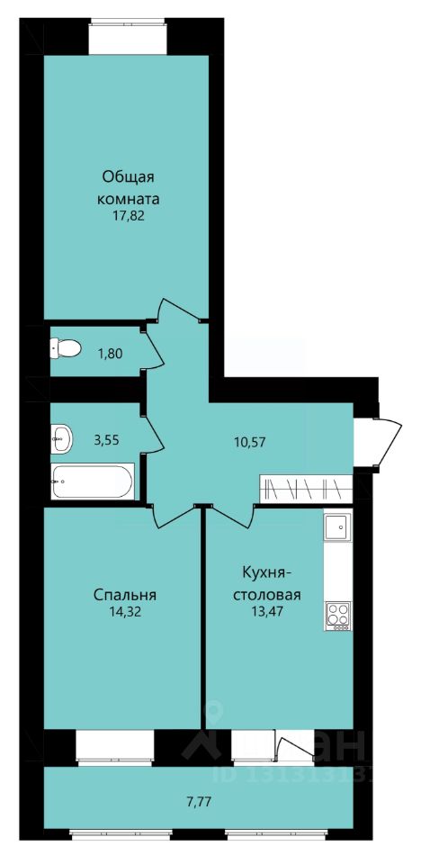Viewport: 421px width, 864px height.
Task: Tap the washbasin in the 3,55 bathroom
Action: coord(62,438)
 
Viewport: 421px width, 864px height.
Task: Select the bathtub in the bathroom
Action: coord(93,481)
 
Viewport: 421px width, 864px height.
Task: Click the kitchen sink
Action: coord(337,527)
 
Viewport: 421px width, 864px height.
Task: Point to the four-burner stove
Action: coord(338,616)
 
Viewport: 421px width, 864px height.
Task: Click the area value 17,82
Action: coord(128,215)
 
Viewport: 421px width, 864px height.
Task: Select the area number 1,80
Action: coord(111,353)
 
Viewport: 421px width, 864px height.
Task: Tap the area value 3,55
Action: coord(107,440)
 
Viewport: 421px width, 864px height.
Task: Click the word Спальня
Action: coord(125,595)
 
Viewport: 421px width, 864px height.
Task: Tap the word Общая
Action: coord(128,178)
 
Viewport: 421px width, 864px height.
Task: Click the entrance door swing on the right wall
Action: coord(381,443)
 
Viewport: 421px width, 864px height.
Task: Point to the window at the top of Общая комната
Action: coord(128,37)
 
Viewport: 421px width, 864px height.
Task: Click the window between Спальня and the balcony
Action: coord(115,747)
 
